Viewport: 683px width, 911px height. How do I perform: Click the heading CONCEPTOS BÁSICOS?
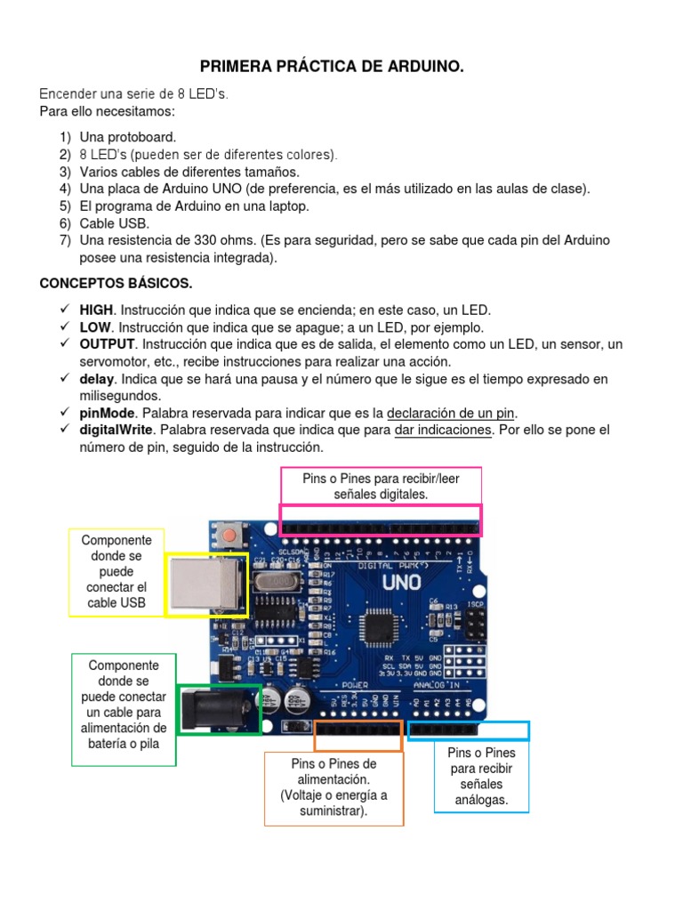116,283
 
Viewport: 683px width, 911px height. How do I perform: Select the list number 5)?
65,206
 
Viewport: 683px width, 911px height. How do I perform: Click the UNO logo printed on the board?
401,584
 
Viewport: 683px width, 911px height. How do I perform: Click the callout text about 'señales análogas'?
481,776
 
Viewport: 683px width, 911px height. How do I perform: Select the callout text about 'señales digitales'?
382,486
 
